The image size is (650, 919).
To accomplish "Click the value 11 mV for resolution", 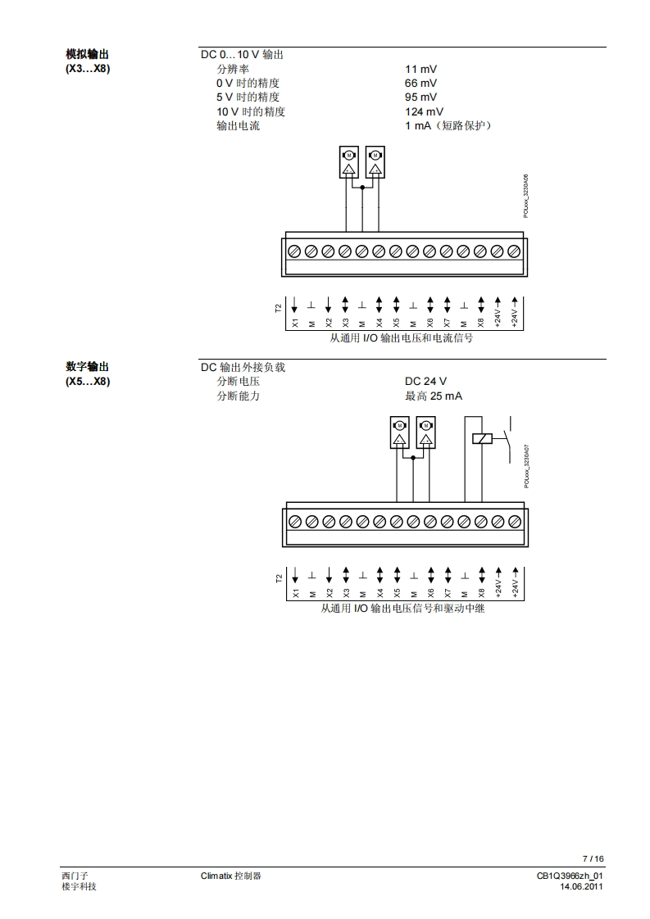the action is [420, 70].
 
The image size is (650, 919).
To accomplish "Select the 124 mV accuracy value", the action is [424, 111].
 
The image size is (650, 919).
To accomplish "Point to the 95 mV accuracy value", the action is [420, 97].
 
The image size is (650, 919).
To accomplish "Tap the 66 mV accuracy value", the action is [420, 84].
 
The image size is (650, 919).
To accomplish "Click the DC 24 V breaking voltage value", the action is [425, 382].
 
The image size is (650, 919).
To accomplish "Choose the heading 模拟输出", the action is [87, 55].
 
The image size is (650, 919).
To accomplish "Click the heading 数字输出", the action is [87, 367].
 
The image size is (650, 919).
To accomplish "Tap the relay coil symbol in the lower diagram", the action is [483, 438].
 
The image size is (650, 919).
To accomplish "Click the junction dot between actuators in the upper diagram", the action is [362, 187].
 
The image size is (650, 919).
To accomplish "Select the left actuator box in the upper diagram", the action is [348, 162].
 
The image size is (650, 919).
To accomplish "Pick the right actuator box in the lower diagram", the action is [425, 432].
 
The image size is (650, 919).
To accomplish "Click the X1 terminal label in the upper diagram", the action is [295, 323].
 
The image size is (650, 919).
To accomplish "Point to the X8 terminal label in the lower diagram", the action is [482, 591].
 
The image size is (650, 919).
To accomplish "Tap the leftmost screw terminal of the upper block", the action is [294, 251].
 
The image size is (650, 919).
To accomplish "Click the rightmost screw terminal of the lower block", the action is [515, 521].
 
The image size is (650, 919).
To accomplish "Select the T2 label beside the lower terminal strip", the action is [279, 578].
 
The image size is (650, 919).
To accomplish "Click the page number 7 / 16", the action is [593, 858].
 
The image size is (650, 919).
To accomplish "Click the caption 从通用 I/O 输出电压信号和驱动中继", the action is [402, 609].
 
